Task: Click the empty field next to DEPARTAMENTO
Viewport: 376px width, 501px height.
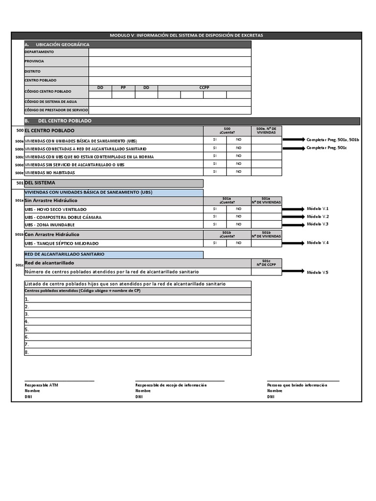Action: point(169,52)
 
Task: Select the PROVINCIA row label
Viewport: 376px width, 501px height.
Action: point(34,61)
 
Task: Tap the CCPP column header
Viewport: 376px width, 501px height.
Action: point(204,88)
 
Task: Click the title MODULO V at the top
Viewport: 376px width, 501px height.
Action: point(186,36)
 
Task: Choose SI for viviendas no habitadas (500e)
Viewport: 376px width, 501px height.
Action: point(214,172)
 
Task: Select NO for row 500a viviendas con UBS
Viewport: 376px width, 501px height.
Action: point(238,139)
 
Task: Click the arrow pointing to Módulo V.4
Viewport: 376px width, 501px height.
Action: point(293,243)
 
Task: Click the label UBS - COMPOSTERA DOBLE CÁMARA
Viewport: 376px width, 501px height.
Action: point(63,217)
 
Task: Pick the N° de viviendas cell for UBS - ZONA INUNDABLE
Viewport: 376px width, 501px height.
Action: point(266,224)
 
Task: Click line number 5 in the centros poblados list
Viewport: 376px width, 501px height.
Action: point(27,330)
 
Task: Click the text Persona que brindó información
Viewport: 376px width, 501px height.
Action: point(297,385)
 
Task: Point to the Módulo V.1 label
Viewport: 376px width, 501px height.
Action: point(318,209)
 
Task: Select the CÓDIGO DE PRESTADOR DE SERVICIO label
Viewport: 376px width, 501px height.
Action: point(56,110)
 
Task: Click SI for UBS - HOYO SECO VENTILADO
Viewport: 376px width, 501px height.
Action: point(214,209)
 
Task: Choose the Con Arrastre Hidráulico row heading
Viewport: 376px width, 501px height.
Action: point(52,234)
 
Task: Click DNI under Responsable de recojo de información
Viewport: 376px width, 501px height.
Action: point(139,397)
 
